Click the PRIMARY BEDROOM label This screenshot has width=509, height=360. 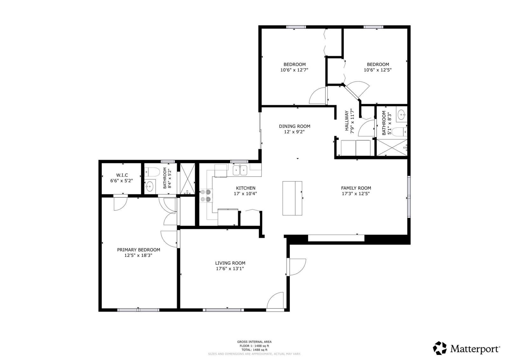[139, 250]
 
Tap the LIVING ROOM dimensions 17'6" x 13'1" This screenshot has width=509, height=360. [230, 269]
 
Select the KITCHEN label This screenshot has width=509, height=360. [246, 188]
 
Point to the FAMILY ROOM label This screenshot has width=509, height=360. [356, 188]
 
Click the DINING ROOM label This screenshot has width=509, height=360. [295, 126]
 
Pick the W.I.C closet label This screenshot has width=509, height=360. [122, 175]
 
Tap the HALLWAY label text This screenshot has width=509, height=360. [347, 121]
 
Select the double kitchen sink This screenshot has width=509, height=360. [240, 170]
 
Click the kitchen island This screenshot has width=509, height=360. [292, 198]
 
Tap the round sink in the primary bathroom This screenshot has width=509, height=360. [150, 187]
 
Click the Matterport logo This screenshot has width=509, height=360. [466, 348]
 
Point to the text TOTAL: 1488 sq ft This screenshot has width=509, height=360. [254, 350]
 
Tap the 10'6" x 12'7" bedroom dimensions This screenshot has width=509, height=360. [294, 70]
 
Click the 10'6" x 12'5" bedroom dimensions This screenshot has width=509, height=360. [378, 70]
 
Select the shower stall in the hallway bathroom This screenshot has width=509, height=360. [392, 148]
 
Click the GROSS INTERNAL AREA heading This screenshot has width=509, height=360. [254, 342]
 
